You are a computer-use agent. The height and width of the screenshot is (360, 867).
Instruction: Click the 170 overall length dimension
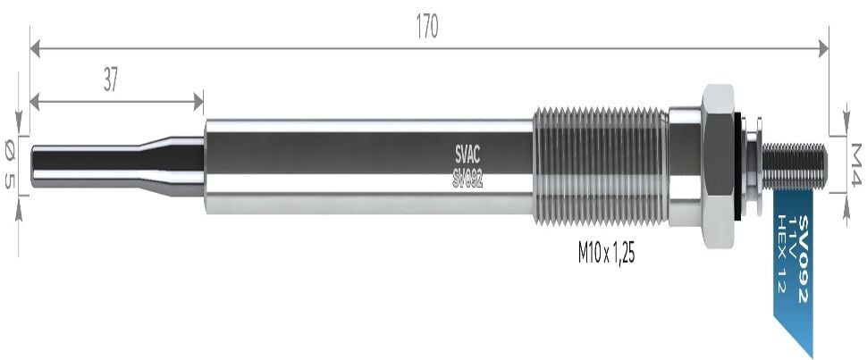tap(427, 27)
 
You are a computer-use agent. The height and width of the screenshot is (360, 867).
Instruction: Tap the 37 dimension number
tap(111, 81)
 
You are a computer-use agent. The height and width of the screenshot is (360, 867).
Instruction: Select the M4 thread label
tap(856, 164)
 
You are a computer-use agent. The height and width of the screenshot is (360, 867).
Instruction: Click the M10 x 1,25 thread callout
tap(607, 254)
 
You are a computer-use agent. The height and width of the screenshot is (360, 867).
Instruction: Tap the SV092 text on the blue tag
tap(803, 260)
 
